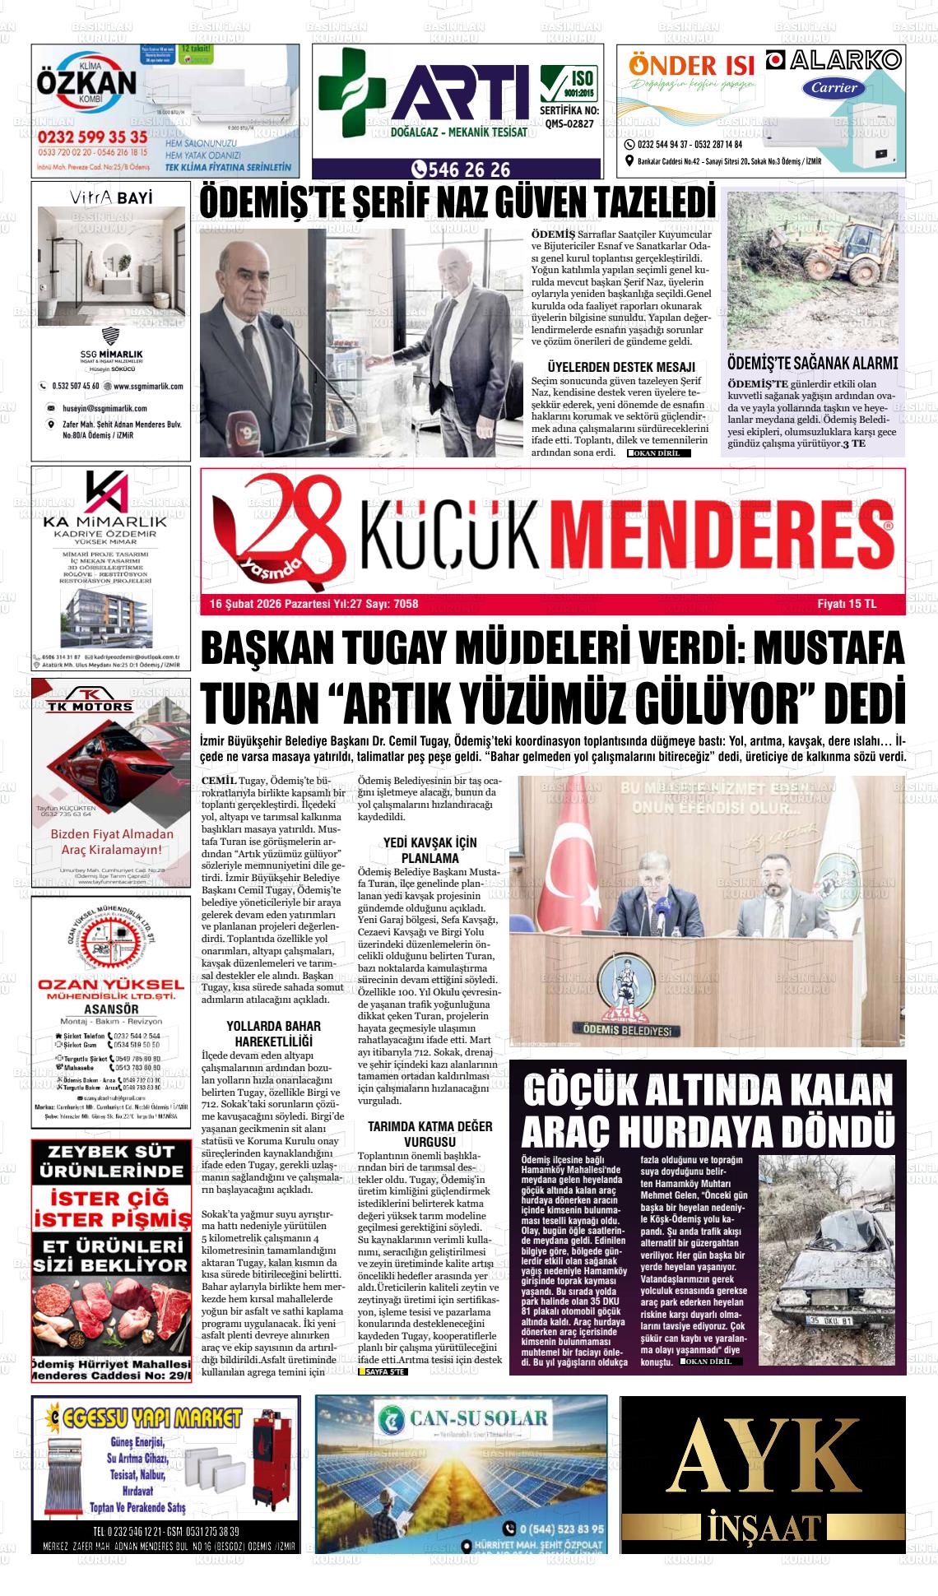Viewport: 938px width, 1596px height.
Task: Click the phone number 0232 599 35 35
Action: (92, 136)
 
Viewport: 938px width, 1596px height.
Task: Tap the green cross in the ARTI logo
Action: (352, 92)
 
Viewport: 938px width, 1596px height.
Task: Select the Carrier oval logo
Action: (834, 87)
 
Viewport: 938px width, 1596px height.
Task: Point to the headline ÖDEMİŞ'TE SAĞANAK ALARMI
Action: (812, 363)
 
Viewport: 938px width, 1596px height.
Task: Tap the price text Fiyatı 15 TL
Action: (847, 604)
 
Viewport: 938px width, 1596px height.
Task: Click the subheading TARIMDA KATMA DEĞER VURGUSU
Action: (430, 1134)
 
